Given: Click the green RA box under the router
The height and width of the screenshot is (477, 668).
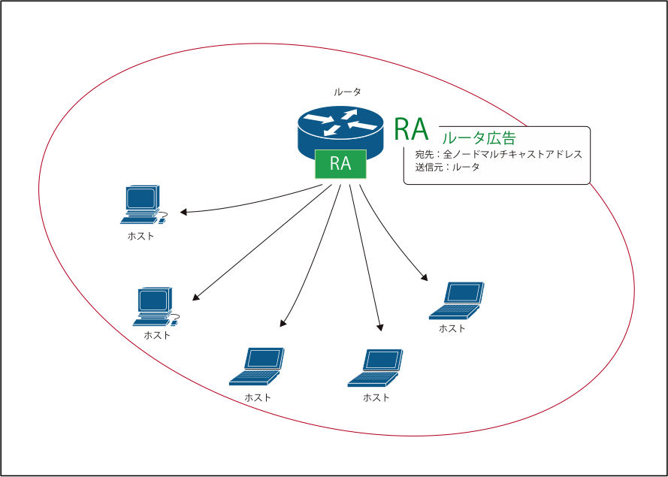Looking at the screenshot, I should point(340,164).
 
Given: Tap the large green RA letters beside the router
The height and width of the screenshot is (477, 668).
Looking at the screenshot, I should point(411,130).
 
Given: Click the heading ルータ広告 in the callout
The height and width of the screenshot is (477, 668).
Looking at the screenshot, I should point(479,138).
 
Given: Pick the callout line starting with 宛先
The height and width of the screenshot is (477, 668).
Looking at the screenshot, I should point(498,155).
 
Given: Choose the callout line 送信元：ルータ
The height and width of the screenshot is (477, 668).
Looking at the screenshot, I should point(447,167).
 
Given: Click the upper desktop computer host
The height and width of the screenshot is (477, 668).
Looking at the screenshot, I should point(142,205).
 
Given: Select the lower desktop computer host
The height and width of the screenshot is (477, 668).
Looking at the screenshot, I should point(154,306).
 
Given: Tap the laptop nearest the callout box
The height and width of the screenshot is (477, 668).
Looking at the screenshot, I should point(457,300).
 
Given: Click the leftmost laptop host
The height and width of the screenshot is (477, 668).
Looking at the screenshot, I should point(257,367).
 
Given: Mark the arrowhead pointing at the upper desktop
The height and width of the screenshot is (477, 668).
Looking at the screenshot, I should point(183,212).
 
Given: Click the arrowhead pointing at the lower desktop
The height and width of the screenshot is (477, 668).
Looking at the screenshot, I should point(195,297).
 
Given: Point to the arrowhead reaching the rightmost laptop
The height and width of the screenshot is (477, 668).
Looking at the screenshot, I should point(425,279).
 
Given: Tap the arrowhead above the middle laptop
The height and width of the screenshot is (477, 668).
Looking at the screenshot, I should point(380,328).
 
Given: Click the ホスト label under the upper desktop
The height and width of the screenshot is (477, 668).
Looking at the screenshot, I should point(141,236).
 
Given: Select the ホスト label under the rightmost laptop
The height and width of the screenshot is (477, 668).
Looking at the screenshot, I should point(452,329).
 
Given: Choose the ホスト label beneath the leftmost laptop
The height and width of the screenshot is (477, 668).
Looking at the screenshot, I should point(257,397).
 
